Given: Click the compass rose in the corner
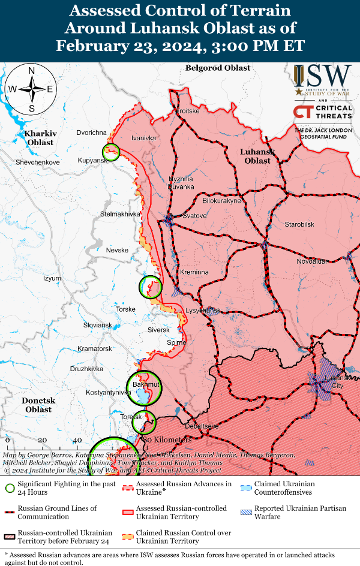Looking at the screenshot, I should tap(31, 89).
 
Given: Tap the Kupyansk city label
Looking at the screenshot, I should tap(92, 161).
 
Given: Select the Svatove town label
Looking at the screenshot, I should tap(194, 216).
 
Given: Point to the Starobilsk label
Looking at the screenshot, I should tap(299, 224).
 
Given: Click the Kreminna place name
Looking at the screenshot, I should tap(194, 272).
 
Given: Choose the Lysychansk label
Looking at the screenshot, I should tap(203, 311).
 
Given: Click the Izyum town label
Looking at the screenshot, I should tap(52, 278).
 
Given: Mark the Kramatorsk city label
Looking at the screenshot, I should tap(95, 348).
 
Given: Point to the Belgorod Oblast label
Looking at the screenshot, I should tap(218, 68).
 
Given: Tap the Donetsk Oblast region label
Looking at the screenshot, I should tap(38, 405).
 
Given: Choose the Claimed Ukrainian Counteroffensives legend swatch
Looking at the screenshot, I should tap(246, 488).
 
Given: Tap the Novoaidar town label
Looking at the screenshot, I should tap(312, 261).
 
